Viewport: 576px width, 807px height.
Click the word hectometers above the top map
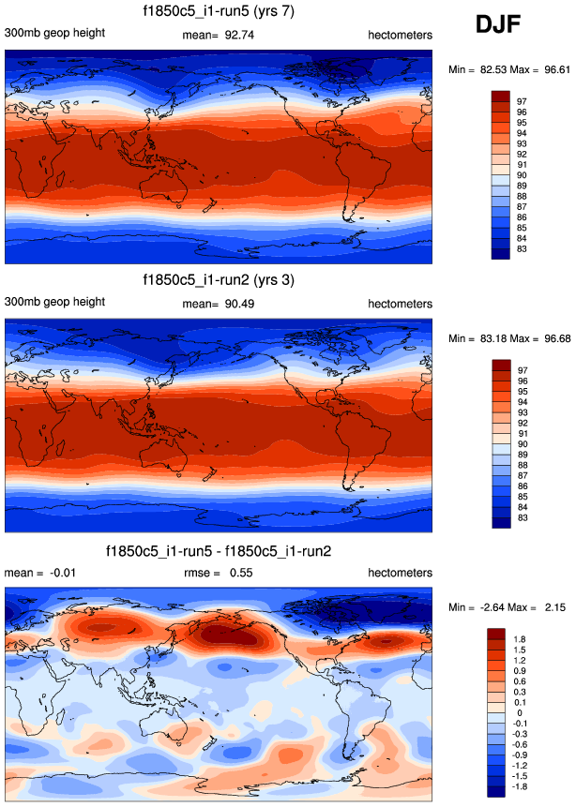(x=401, y=35)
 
